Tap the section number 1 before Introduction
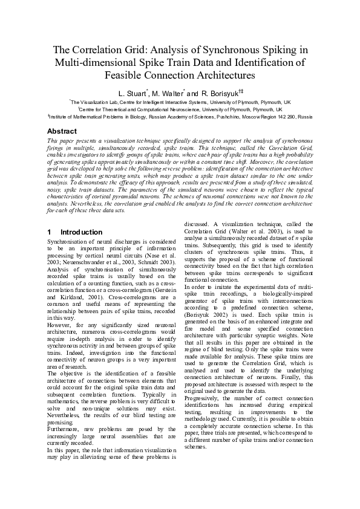(x=49, y=232)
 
